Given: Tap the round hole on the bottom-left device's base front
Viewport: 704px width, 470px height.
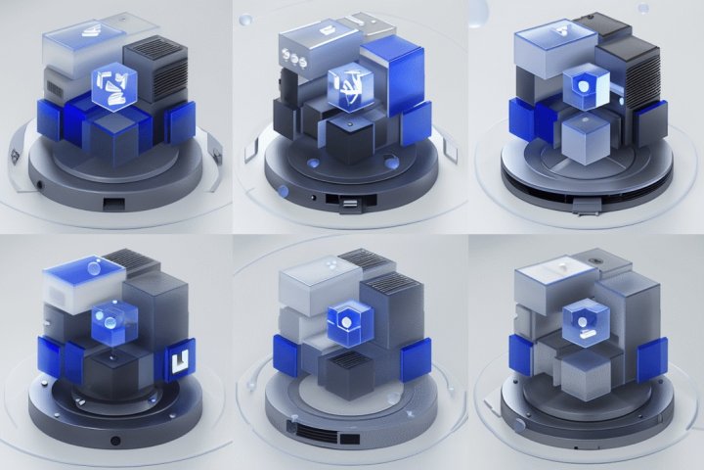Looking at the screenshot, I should tap(115, 441).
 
